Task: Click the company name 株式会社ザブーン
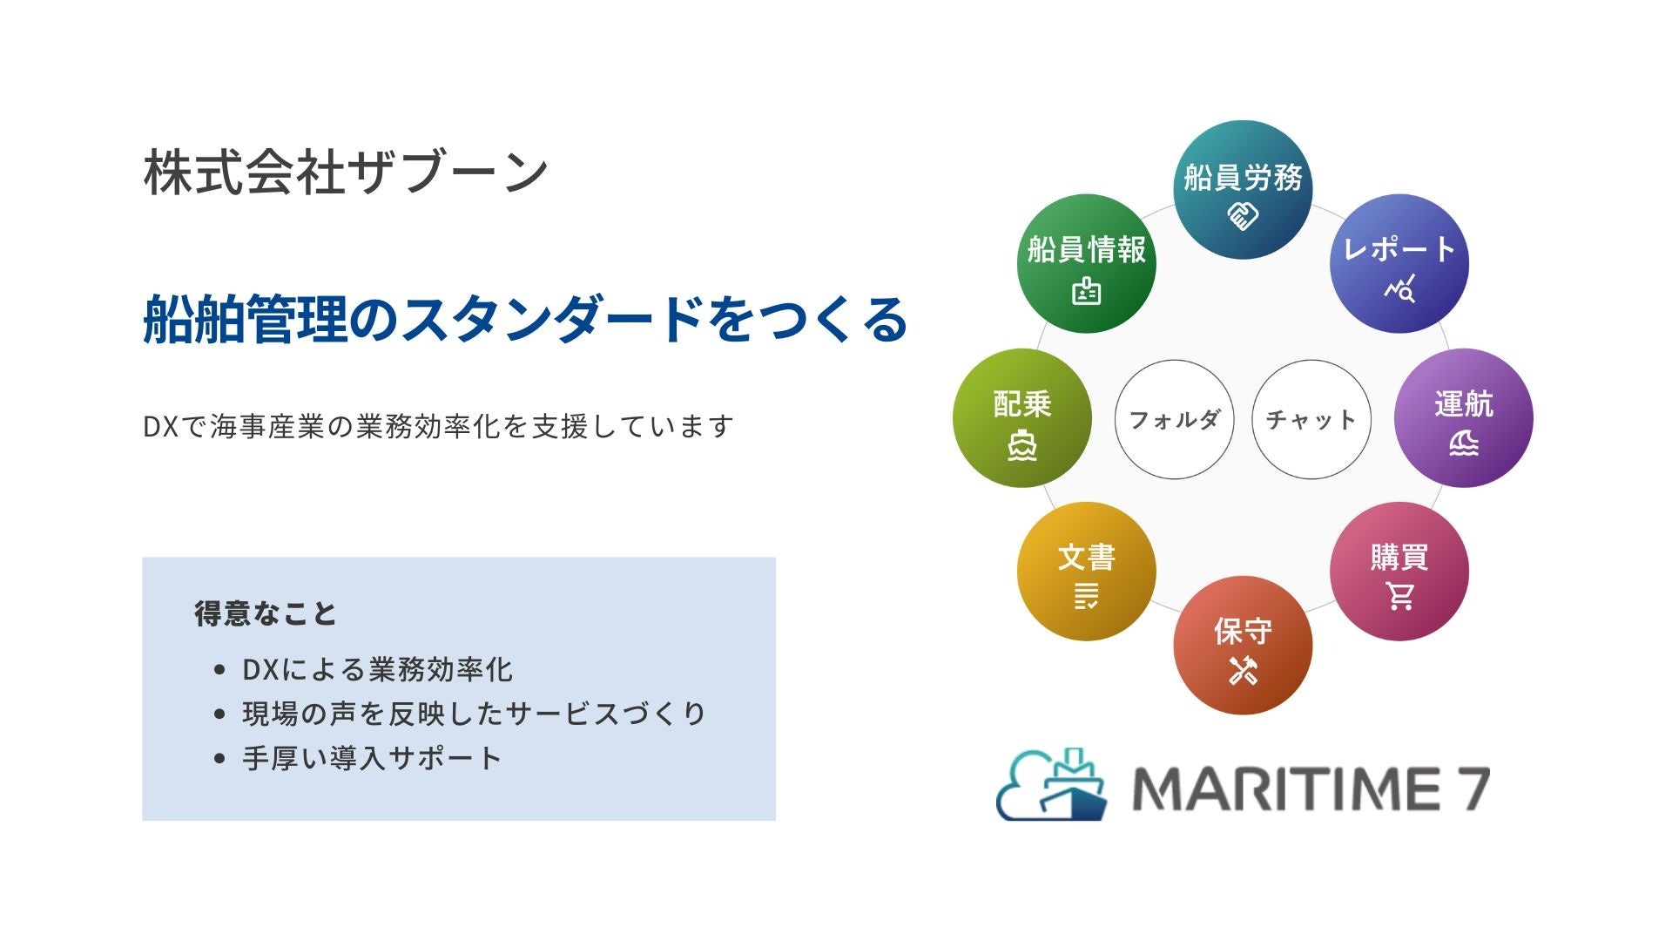pos(346,172)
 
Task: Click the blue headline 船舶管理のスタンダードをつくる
pos(525,319)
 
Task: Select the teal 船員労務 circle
pos(1243,190)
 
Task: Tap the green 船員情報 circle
pos(1086,263)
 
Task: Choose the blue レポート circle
pos(1399,263)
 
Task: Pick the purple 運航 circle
pos(1464,418)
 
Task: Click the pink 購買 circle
pos(1399,572)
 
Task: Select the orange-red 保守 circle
pos(1243,645)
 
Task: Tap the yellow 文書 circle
pos(1086,572)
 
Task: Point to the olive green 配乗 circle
pos(1022,418)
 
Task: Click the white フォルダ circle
pos(1174,419)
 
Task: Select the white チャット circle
pos(1311,419)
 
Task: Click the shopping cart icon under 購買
pos(1400,596)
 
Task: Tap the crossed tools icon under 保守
pos(1244,670)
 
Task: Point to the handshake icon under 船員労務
pos(1243,215)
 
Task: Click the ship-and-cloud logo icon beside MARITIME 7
pos(1052,784)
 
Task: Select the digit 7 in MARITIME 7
pos(1470,789)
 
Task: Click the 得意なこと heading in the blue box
pos(265,613)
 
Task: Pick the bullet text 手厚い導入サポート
pos(372,758)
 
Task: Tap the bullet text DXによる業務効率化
pos(377,669)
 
